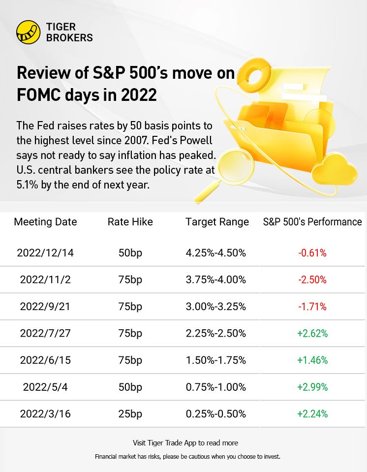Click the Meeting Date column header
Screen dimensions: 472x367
tap(45, 222)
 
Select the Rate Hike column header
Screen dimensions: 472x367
tap(130, 222)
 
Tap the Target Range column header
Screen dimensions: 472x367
tap(217, 222)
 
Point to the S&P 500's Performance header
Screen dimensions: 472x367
tap(312, 222)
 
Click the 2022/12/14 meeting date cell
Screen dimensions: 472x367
tap(45, 253)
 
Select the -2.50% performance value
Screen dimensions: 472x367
tap(312, 280)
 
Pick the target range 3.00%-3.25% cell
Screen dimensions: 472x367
tap(215, 307)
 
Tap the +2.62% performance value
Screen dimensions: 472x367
tap(312, 334)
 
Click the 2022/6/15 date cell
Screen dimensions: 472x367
tap(45, 360)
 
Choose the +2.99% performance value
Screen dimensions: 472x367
tap(312, 387)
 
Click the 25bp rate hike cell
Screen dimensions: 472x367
tap(130, 414)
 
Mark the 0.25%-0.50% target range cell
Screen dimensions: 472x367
tap(215, 414)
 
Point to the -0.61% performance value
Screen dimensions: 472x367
tap(312, 253)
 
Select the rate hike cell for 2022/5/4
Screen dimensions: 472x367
tap(130, 387)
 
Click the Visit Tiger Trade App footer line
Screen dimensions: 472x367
tap(185, 443)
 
